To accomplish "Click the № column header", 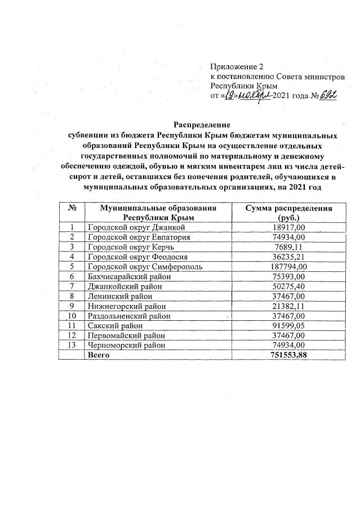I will tap(72, 208).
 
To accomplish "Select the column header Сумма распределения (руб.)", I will tap(288, 212).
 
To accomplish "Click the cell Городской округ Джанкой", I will tap(136, 227).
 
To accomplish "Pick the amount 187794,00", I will tap(288, 266).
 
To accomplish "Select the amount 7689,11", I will tap(288, 247).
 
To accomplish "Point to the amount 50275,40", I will tap(288, 286).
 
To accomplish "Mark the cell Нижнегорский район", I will tap(125, 306).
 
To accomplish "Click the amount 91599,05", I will tap(288, 325).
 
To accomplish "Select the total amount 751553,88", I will tap(288, 355).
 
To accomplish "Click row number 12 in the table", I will tap(72, 335).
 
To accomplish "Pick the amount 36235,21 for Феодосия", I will tap(288, 257).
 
